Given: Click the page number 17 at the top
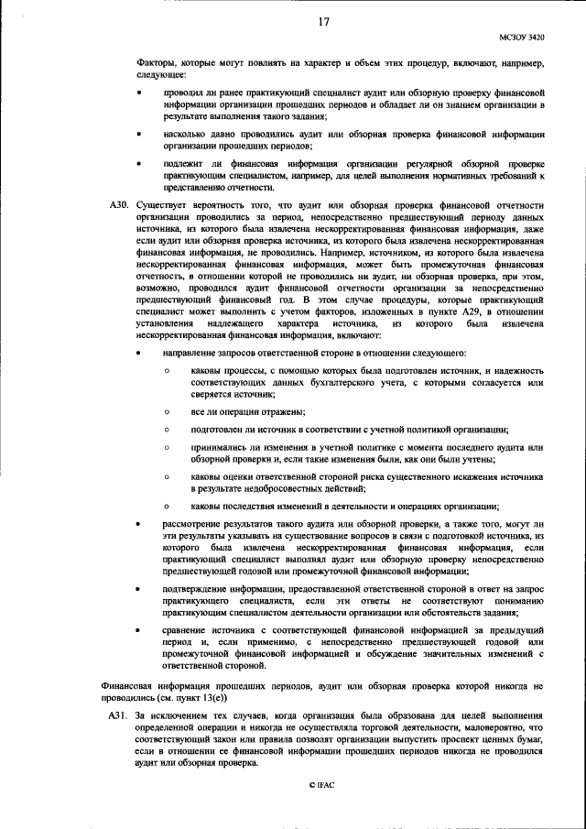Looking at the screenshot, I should (323, 21).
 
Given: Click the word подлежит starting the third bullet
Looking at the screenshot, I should (186, 163).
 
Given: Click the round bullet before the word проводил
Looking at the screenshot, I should (138, 93).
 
